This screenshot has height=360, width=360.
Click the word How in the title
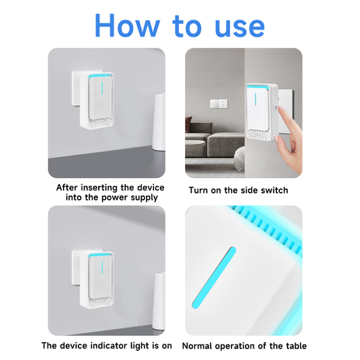point(131,25)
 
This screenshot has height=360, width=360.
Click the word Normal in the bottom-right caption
point(201,345)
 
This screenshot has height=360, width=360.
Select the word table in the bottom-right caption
point(292,345)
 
